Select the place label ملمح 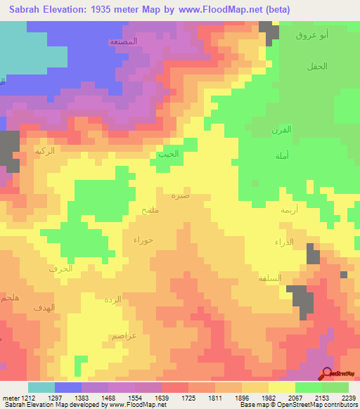[x=152, y=211]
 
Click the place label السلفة [x=270, y=278]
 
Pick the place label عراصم [x=124, y=336]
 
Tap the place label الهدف [x=44, y=307]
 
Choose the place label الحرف [x=60, y=268]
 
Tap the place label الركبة [x=45, y=151]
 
